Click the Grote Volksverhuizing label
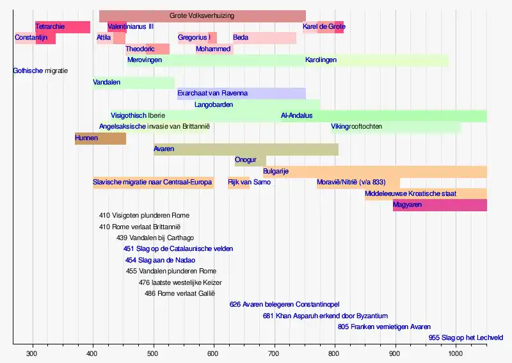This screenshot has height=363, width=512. click(x=202, y=15)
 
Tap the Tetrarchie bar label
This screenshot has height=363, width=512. click(x=50, y=27)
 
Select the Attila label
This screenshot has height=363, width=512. click(x=104, y=38)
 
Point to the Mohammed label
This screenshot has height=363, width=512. click(x=214, y=49)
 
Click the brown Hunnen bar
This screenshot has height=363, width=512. click(x=100, y=138)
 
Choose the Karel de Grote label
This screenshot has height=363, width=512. click(x=324, y=27)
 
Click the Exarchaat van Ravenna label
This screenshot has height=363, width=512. click(x=212, y=93)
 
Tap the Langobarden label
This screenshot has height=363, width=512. click(x=214, y=104)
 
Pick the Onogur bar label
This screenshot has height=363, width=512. click(x=246, y=160)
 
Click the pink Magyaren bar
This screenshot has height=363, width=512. click(x=440, y=205)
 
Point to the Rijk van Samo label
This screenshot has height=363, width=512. click(x=249, y=182)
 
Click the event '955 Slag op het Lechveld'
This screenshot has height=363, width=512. click(x=466, y=337)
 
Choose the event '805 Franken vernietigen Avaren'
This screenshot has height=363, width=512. click(x=384, y=327)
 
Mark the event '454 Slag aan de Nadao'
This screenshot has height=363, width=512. click(x=160, y=260)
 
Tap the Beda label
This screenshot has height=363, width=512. click(x=241, y=38)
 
